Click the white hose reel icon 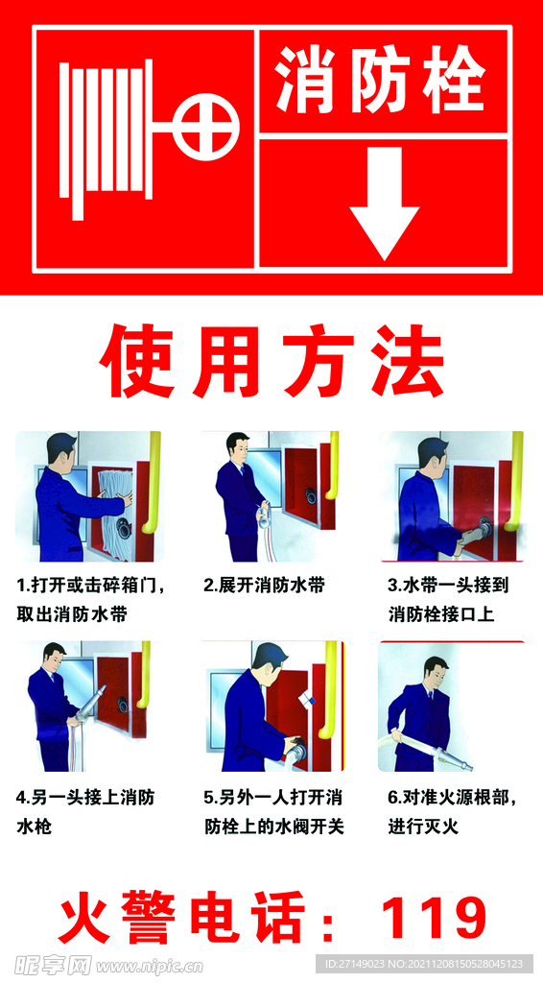[x=106, y=139]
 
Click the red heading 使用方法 [x=271, y=362]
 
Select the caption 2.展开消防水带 [x=264, y=586]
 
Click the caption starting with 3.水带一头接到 [x=448, y=600]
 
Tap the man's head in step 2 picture [x=237, y=447]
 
